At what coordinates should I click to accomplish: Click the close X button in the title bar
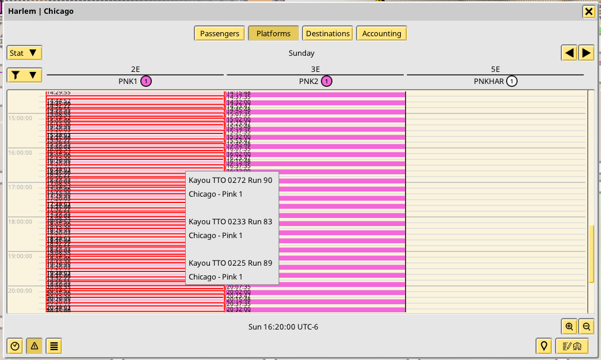coord(588,12)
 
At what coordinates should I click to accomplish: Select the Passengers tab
coord(220,33)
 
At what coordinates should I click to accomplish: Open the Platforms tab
coord(273,33)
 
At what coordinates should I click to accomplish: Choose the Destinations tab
coord(328,33)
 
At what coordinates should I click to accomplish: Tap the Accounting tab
coord(381,33)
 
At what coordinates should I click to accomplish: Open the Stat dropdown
coord(25,53)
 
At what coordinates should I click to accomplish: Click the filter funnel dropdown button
coord(25,75)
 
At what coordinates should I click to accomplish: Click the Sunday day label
coord(301,53)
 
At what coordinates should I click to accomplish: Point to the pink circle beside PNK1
coord(146,81)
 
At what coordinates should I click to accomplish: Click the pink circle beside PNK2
coord(327,81)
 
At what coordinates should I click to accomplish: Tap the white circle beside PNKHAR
coord(512,81)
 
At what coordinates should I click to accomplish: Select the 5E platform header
coord(495,69)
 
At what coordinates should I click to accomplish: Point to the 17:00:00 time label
coord(20,187)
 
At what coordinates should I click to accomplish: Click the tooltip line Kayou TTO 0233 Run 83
coord(230,221)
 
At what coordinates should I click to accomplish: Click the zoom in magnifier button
coord(569,326)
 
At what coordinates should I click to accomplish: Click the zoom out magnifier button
coord(586,326)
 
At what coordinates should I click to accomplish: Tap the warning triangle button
coord(35,346)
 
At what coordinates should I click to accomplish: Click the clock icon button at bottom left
coord(16,346)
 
